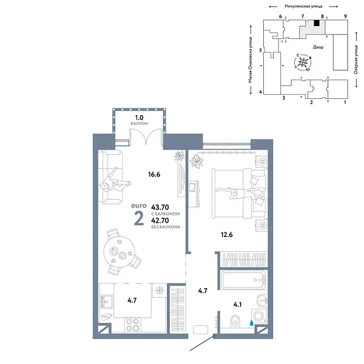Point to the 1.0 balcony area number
[x=139, y=118]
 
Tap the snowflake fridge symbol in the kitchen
[x=159, y=290]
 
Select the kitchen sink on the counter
[x=104, y=301]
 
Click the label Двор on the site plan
[x=318, y=47]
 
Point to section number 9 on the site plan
[x=345, y=16]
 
